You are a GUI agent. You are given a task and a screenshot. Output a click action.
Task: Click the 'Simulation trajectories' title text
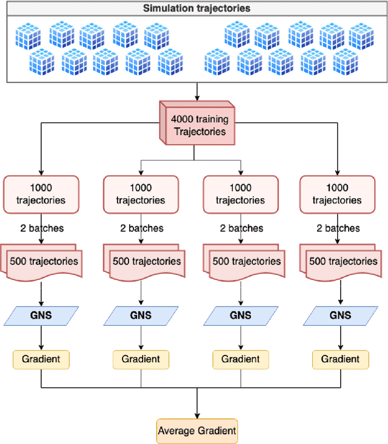pyautogui.click(x=196, y=8)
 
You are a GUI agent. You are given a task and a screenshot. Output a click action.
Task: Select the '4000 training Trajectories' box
pyautogui.click(x=196, y=125)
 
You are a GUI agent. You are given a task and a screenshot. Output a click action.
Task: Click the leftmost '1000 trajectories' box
pyautogui.click(x=41, y=194)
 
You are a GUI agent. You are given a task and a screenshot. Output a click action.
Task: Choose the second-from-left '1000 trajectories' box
pyautogui.click(x=141, y=194)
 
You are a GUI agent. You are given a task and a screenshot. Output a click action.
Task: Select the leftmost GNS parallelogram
pyautogui.click(x=41, y=316)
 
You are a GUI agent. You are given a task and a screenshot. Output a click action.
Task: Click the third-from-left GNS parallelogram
pyautogui.click(x=241, y=316)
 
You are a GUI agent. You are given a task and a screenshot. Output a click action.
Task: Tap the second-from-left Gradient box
pyautogui.click(x=141, y=359)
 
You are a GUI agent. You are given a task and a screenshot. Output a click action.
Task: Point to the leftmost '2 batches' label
pyautogui.click(x=41, y=228)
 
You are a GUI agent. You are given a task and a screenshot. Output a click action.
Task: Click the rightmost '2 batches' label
pyautogui.click(x=338, y=228)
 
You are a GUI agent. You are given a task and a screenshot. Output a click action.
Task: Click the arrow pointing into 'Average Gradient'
pyautogui.click(x=197, y=406)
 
